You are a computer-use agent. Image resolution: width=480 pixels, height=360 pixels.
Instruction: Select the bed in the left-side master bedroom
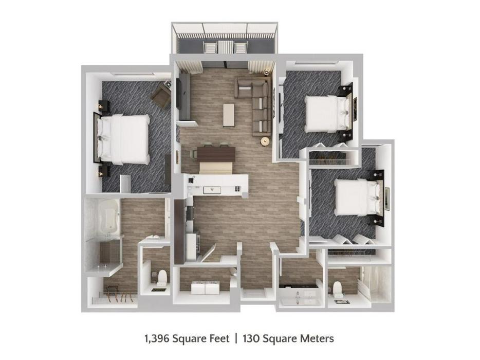[x=122, y=138]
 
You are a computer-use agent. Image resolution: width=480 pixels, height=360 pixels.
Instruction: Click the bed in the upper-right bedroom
[x=328, y=114]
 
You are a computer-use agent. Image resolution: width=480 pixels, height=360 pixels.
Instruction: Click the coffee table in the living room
[x=229, y=115]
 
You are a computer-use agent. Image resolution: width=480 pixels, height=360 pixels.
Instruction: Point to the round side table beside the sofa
[x=265, y=141]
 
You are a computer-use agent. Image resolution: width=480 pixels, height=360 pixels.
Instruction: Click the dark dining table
[x=216, y=154]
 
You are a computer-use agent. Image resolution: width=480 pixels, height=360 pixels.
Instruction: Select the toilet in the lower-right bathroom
[x=337, y=288]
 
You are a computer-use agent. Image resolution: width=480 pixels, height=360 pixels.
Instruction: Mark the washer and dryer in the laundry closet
[x=205, y=287]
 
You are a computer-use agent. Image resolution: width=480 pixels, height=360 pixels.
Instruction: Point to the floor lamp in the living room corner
[x=267, y=72]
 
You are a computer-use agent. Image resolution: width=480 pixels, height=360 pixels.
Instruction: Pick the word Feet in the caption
[x=219, y=338]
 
